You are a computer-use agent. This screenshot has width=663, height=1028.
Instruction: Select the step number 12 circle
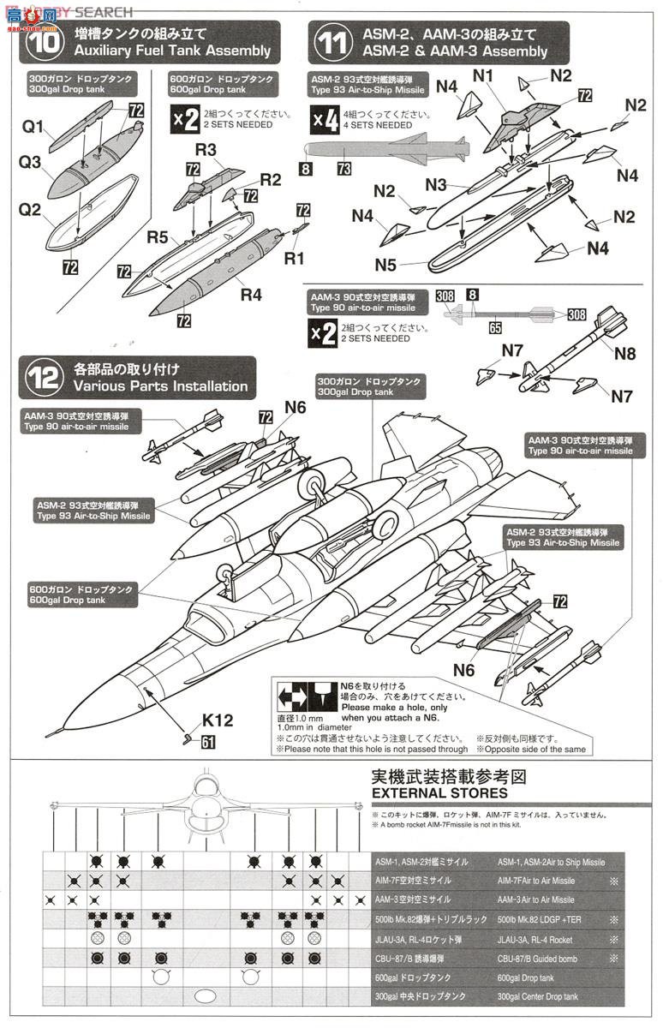[44, 377]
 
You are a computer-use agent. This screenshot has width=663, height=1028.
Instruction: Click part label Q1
[33, 127]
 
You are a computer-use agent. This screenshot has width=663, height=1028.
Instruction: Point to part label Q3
[32, 160]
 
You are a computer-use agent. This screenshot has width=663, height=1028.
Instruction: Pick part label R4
[251, 295]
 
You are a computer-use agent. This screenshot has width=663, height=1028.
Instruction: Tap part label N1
[485, 75]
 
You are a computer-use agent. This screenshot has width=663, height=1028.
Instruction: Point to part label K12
[217, 721]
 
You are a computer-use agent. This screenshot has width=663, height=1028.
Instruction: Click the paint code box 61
[208, 743]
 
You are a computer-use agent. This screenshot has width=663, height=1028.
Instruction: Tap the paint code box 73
[343, 170]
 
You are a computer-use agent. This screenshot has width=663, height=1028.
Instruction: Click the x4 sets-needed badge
[325, 119]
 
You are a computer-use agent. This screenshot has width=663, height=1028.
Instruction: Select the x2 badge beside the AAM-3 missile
[325, 333]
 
